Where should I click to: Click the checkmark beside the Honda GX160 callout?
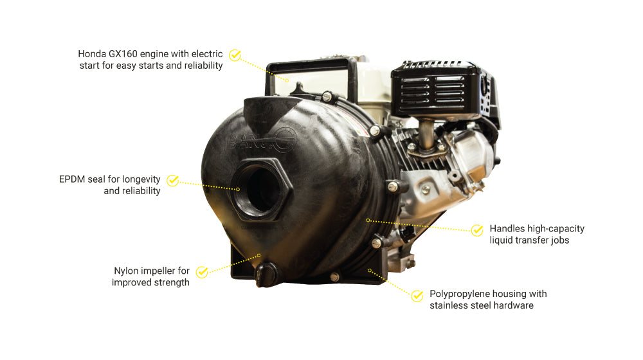point(235,55)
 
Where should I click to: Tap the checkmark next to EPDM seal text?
point(172,180)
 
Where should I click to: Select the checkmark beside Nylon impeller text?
point(201,272)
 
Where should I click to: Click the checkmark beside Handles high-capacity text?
point(477,230)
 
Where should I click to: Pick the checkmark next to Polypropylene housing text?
point(417,296)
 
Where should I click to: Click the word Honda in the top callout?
point(93,53)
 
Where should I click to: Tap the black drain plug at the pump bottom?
point(264,277)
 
